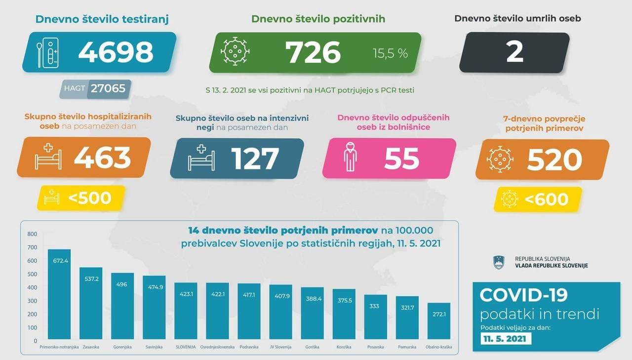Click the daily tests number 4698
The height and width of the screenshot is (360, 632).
click(x=116, y=52)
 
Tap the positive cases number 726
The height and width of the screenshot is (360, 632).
click(x=314, y=52)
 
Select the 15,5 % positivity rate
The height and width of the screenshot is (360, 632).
click(x=390, y=53)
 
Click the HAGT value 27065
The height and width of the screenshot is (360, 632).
click(x=108, y=89)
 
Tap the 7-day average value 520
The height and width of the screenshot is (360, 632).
click(x=554, y=159)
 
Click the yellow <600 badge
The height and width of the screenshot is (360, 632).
click(x=539, y=199)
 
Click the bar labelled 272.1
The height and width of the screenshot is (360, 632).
click(x=438, y=321)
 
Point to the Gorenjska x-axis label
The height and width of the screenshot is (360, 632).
click(x=122, y=347)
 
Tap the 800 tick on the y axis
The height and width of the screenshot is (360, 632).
click(x=32, y=234)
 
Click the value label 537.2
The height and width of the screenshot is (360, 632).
click(x=91, y=279)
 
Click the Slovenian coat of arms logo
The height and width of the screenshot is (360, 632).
click(x=498, y=262)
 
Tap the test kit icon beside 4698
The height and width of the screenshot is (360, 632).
click(x=47, y=52)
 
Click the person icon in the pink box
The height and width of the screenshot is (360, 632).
click(x=350, y=158)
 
